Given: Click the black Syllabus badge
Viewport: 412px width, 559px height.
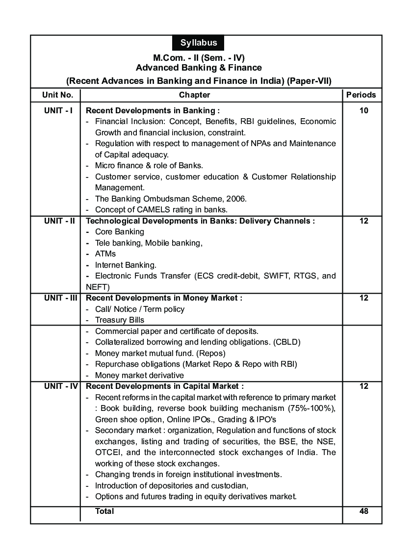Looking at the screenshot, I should [199, 43].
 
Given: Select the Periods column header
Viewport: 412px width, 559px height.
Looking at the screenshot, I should [361, 95].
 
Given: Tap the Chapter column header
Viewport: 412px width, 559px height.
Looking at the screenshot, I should [194, 95].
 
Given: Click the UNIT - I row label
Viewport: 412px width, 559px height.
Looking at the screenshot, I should [58, 110].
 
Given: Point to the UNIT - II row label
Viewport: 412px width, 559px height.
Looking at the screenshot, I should [59, 221].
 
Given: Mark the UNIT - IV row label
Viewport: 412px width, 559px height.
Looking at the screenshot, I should [60, 386].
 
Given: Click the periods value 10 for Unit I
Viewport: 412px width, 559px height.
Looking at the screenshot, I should [363, 110].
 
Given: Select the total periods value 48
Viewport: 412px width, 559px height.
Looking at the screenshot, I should [363, 511].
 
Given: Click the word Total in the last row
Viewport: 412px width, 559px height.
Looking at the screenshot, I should [104, 511].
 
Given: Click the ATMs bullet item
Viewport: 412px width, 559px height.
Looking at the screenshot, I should [105, 254].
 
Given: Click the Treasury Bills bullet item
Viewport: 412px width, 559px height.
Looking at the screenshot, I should [120, 320].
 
